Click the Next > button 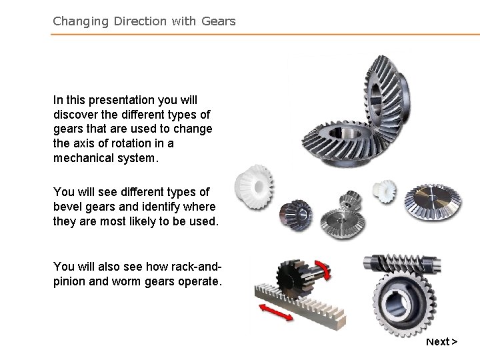pyautogui.click(x=441, y=342)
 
